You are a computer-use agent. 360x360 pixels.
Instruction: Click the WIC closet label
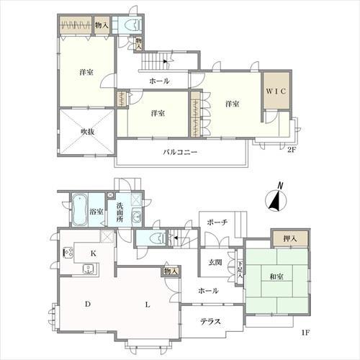[276, 91]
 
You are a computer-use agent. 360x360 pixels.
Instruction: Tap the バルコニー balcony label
[180, 152]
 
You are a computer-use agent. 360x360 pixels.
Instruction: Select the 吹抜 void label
[87, 132]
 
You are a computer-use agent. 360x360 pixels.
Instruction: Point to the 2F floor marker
[292, 150]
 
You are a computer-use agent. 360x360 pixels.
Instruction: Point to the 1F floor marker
[306, 333]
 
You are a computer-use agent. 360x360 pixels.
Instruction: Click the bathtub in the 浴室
[79, 210]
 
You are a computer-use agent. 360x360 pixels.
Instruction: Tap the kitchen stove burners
[68, 253]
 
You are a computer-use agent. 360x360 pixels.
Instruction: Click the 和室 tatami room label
[276, 276]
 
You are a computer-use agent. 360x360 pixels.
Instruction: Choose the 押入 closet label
[290, 239]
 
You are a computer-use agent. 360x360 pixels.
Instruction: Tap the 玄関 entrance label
[215, 263]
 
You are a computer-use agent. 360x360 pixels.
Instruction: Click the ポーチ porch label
[217, 222]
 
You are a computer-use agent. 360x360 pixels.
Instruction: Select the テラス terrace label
[210, 321]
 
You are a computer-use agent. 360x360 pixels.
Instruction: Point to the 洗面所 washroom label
[120, 212]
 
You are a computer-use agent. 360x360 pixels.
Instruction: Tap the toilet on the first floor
[158, 238]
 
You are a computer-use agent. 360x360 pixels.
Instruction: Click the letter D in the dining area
[88, 305]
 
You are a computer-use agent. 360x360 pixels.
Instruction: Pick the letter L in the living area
[148, 305]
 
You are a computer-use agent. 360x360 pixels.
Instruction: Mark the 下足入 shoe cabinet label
[240, 270]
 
